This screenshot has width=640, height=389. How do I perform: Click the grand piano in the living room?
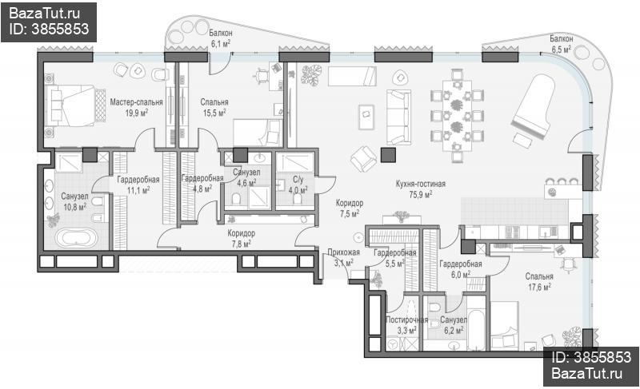(535, 107)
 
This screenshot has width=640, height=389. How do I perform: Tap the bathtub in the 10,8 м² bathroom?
(76, 237)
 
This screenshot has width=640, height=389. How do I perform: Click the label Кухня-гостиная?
(421, 184)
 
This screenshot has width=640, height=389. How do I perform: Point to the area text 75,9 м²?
(421, 194)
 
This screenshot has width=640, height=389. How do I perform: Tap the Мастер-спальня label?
(136, 101)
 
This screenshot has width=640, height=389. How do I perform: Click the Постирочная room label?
(407, 320)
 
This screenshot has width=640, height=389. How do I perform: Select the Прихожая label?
(344, 252)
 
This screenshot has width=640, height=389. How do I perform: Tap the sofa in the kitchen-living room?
(398, 117)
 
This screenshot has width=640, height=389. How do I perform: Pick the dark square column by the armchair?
(388, 155)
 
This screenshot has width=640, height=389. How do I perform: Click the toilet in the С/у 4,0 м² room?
(298, 199)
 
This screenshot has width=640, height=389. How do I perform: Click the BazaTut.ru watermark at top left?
(45, 14)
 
